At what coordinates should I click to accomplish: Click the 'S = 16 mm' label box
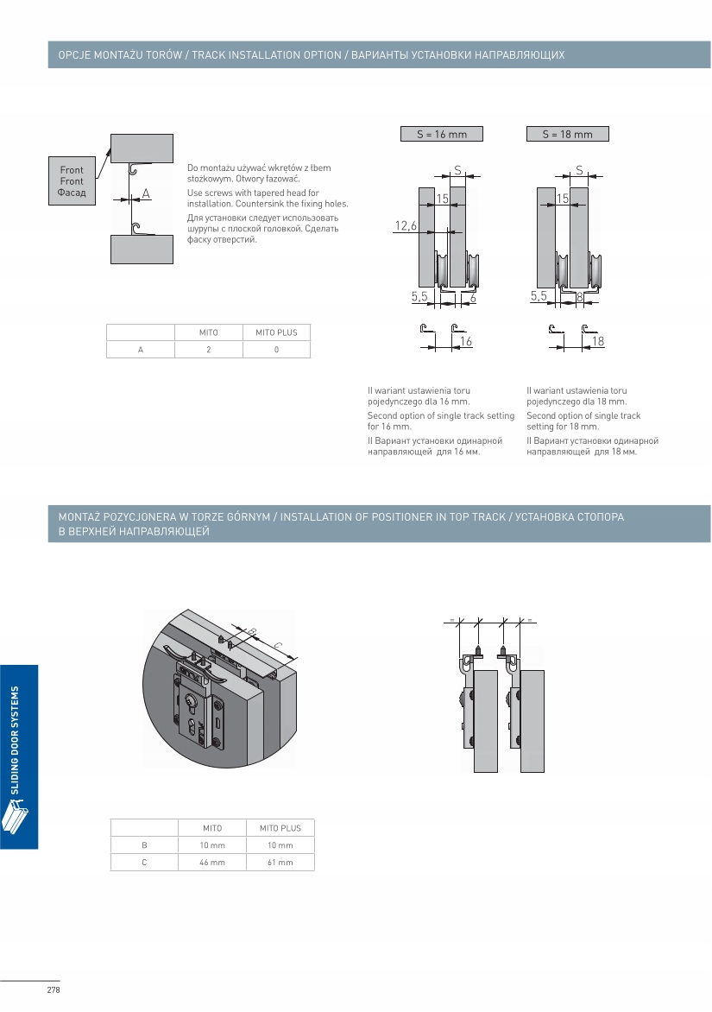(441, 134)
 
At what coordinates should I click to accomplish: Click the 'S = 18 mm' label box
(567, 134)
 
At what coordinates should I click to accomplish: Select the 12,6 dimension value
(406, 226)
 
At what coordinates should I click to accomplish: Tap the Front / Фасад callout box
(72, 181)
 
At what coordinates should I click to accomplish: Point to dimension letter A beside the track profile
(146, 194)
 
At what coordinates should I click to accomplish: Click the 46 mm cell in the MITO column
(212, 862)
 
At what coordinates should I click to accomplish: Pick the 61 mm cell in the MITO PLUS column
(280, 862)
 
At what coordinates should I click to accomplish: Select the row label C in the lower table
(144, 862)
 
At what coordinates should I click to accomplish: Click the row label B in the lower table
(144, 844)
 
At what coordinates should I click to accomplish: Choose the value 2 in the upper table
(208, 349)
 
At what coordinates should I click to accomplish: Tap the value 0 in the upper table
(276, 349)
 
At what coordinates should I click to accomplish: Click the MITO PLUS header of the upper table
(276, 332)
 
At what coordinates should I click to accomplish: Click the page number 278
(53, 990)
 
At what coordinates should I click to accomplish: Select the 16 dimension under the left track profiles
(466, 343)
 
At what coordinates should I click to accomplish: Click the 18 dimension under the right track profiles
(597, 343)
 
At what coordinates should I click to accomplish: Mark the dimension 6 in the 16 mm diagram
(473, 296)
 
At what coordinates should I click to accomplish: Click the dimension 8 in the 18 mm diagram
(579, 296)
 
